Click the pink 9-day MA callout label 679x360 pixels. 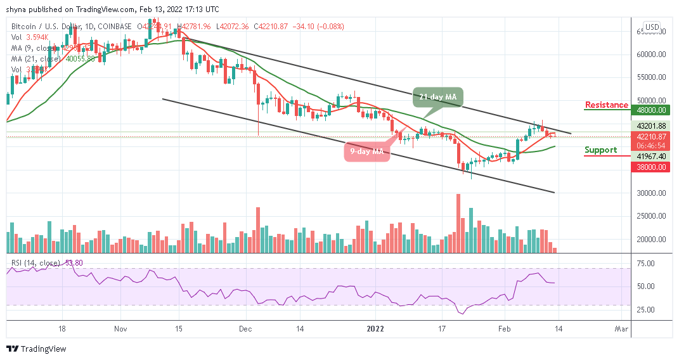367,151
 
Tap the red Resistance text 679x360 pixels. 606,105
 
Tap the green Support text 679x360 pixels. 600,150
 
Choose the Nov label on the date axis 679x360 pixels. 120,330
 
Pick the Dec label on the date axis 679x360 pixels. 246,330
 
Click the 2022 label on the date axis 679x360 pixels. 375,330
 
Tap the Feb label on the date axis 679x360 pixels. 505,330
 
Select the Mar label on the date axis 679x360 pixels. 621,330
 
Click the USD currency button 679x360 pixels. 652,27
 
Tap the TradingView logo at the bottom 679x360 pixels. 36,349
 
